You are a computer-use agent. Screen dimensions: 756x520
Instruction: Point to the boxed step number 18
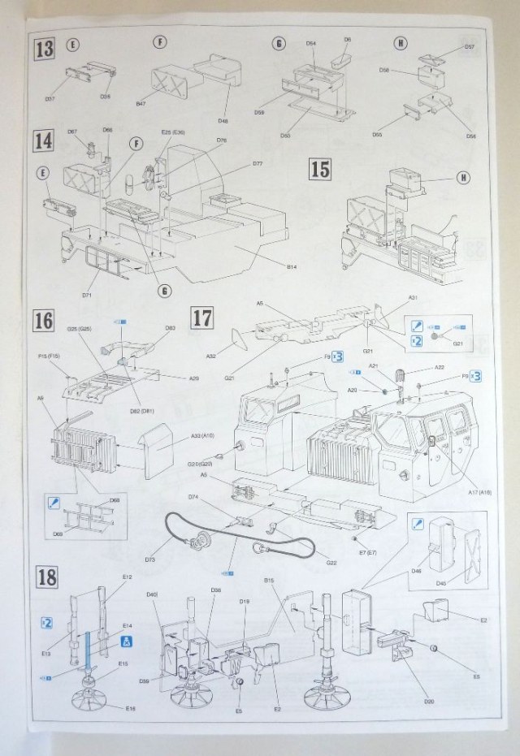[x=46, y=578]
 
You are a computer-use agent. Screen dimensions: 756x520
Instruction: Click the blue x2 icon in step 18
[x=46, y=623]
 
